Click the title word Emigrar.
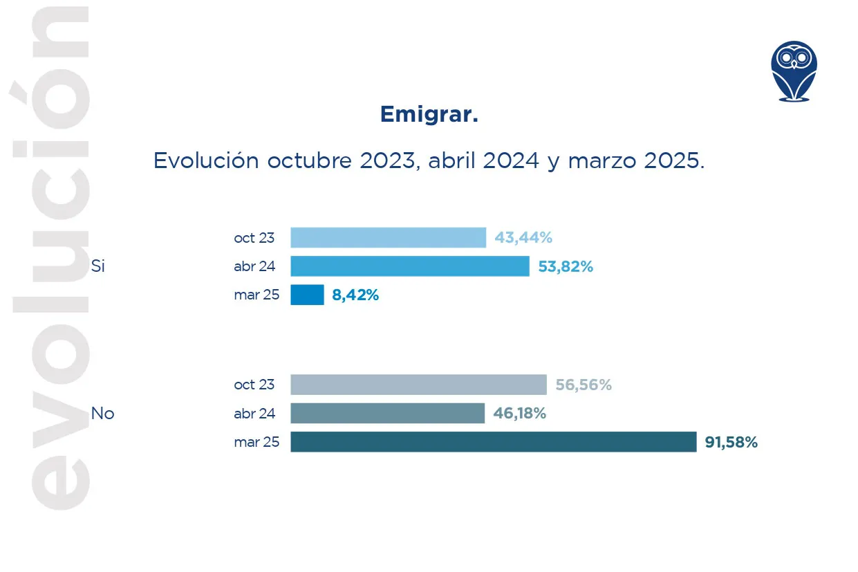tap(429, 115)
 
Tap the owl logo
tap(794, 71)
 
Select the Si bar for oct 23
tap(388, 238)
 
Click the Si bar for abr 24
tap(409, 266)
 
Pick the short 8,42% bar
tap(307, 295)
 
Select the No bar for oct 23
tap(418, 385)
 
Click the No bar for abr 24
tap(387, 414)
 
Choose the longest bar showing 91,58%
tap(493, 442)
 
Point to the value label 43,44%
tap(523, 238)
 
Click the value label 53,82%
tap(566, 266)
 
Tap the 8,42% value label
tap(355, 295)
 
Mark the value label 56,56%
tap(584, 385)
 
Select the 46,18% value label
tap(519, 414)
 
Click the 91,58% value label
tap(731, 443)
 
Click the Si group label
tap(97, 266)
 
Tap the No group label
tap(102, 414)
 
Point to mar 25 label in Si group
tap(257, 295)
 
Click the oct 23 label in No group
tap(254, 385)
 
